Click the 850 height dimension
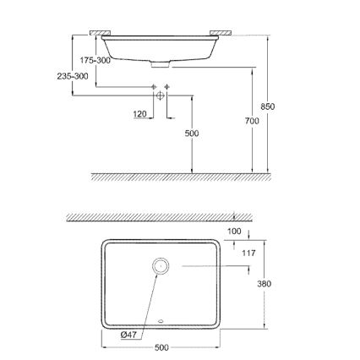[x=269, y=106]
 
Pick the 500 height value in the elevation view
[x=192, y=133]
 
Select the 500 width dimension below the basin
[x=162, y=346]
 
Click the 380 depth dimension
[x=263, y=284]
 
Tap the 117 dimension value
[x=248, y=252]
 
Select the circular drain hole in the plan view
[x=161, y=266]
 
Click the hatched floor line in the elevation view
[x=182, y=177]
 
